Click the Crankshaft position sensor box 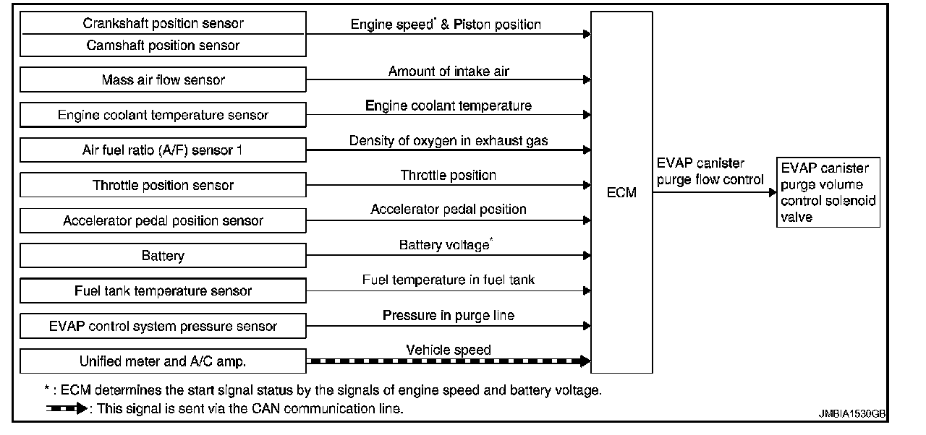tap(163, 23)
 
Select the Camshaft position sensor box tap(163, 46)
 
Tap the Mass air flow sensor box tap(163, 79)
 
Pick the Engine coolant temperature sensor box tap(163, 115)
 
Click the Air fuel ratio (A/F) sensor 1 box tap(163, 150)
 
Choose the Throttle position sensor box tap(163, 185)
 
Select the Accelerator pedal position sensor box tap(163, 220)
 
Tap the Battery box tap(163, 256)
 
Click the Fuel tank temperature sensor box tap(163, 291)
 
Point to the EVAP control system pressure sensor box tap(163, 326)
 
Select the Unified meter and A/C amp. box tap(163, 361)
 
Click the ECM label tap(622, 193)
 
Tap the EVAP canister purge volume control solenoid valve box tap(828, 193)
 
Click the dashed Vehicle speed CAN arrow tap(449, 361)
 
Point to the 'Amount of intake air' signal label tap(454, 71)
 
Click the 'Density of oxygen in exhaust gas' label tap(449, 141)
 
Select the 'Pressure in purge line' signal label tap(449, 316)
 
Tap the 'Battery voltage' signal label tap(446, 245)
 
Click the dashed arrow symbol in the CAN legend tap(66, 408)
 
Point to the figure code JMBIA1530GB tap(851, 414)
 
